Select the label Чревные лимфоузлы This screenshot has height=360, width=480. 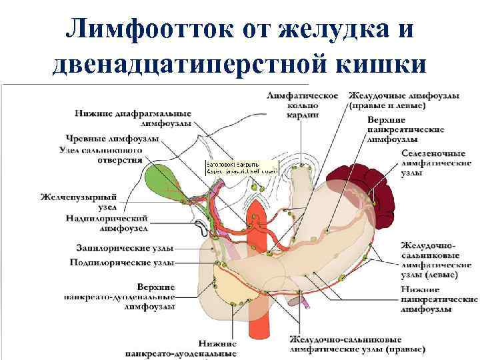112,139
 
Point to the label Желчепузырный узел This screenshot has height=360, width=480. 78,202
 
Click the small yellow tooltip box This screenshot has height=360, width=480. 233,167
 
